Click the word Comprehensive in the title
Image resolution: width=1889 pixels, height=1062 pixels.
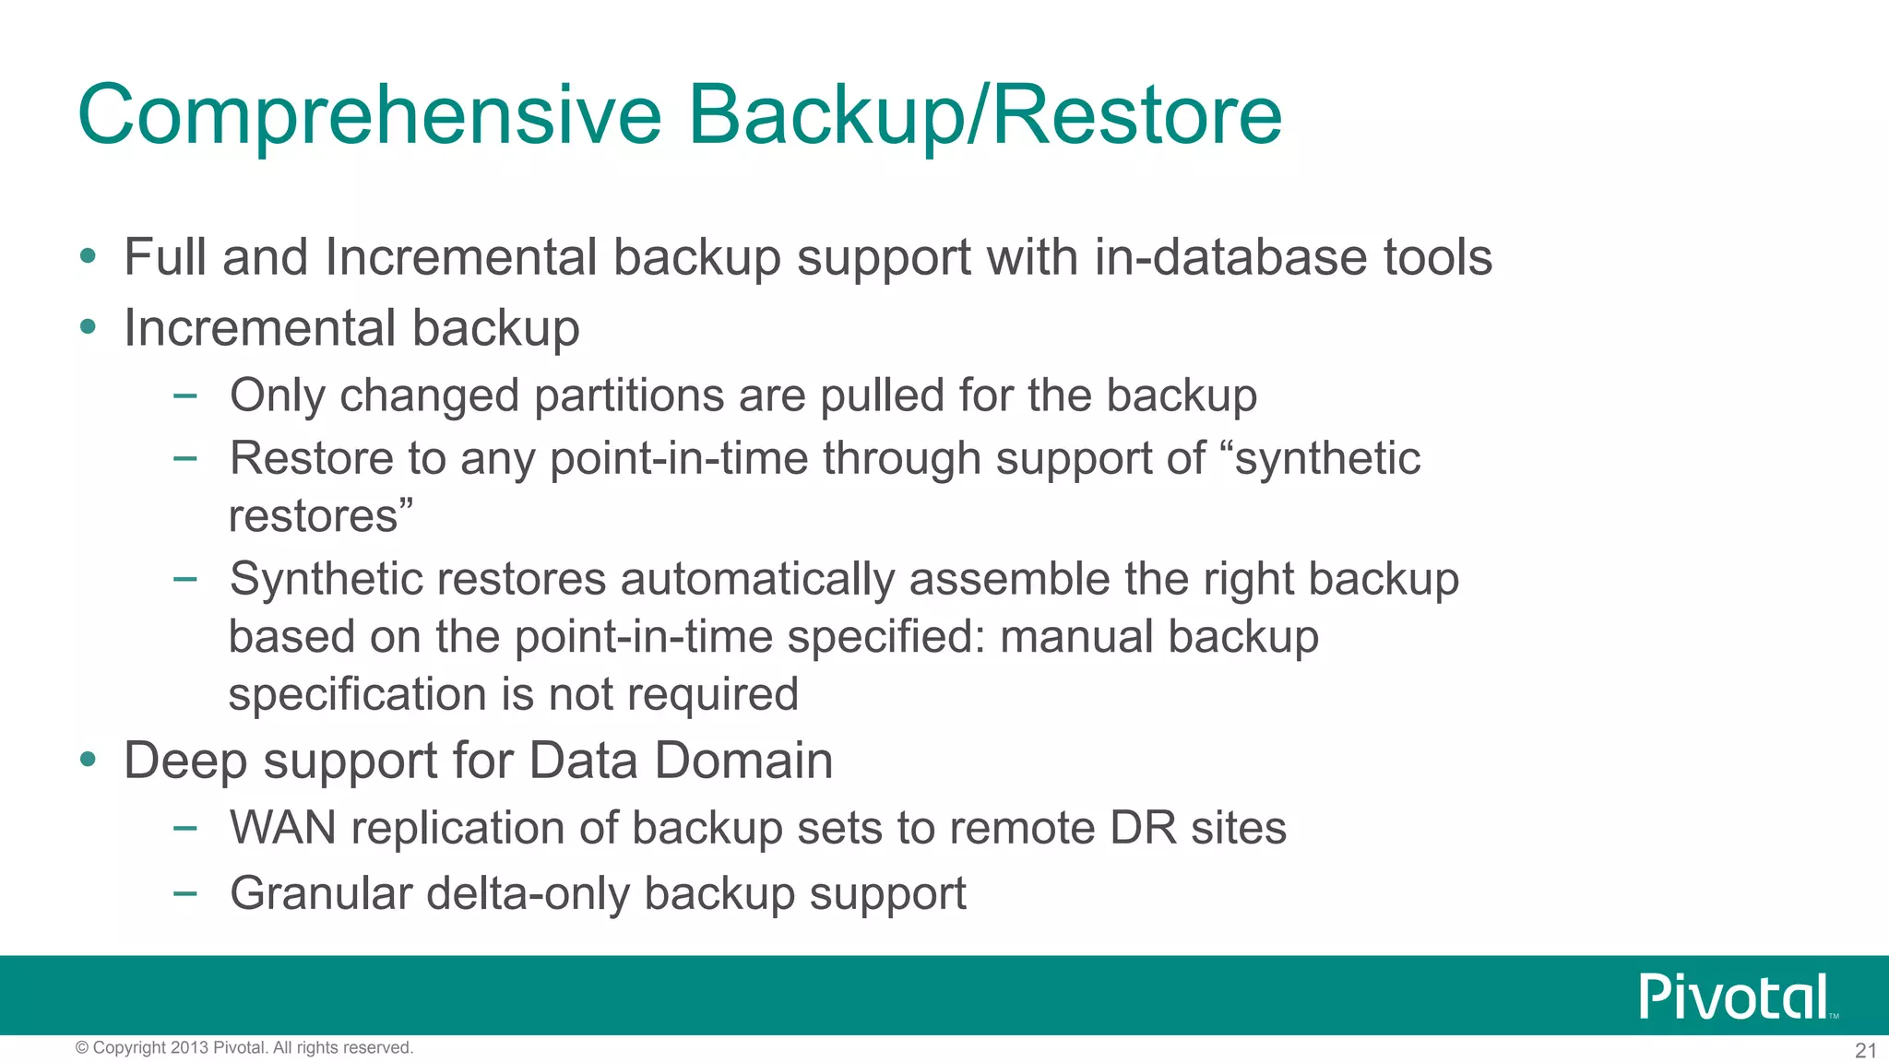(x=370, y=115)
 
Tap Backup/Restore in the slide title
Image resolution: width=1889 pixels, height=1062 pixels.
(x=984, y=115)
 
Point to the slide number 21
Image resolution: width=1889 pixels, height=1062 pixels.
(x=1865, y=1050)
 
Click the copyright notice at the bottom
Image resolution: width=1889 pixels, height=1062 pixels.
(x=244, y=1047)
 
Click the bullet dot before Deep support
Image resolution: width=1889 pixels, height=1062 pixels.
(x=88, y=760)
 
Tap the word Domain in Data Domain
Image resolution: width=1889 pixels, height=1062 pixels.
(x=743, y=761)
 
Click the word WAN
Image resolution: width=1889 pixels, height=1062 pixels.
(x=283, y=827)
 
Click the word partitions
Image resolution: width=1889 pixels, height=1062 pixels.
(x=628, y=395)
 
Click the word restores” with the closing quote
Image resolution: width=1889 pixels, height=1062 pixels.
(x=320, y=516)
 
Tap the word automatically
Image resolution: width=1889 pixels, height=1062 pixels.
(x=757, y=579)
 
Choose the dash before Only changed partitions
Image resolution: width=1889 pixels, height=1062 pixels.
(x=184, y=396)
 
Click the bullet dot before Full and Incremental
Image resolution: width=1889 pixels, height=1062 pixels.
(x=88, y=256)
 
